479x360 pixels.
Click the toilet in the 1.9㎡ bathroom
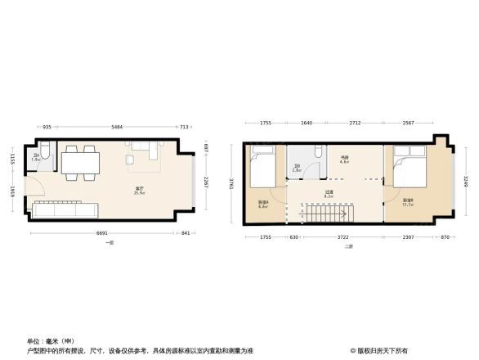tap(47, 153)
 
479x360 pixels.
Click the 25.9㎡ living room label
tap(140, 191)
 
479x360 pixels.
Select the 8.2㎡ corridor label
tap(329, 195)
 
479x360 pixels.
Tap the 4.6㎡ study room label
tap(345, 160)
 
